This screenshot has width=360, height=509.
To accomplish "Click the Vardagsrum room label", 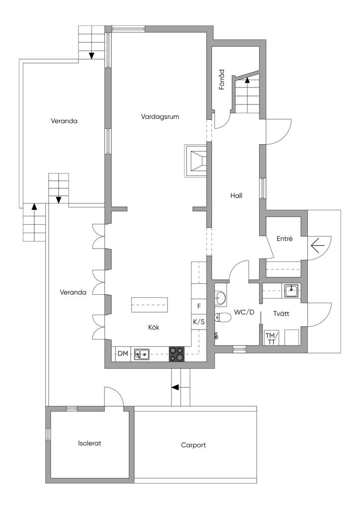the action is click(x=160, y=117).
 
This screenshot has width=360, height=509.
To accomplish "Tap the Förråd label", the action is click(x=222, y=80).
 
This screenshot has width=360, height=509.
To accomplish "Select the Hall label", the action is click(x=236, y=195).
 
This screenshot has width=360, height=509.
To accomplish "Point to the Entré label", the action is click(x=284, y=239).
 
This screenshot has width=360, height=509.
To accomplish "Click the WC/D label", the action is click(x=244, y=313).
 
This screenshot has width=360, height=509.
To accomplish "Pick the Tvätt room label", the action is click(x=281, y=314).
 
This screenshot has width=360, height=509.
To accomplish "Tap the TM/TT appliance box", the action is click(x=271, y=338).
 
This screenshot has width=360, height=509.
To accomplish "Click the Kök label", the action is click(x=154, y=328).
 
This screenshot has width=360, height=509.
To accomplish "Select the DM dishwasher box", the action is click(x=122, y=354).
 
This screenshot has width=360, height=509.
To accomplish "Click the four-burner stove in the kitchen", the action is click(x=176, y=353).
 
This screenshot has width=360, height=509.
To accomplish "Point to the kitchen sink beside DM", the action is click(x=143, y=354).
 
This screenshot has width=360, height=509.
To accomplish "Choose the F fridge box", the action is click(x=199, y=306).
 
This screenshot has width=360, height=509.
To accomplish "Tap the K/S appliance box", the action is click(x=199, y=322).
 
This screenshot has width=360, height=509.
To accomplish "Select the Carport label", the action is click(x=193, y=445).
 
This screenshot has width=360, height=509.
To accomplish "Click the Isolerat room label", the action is click(x=90, y=443).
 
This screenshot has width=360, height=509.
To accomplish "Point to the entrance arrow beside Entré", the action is click(x=318, y=245).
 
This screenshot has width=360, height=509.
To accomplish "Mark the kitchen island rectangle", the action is click(x=149, y=305).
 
